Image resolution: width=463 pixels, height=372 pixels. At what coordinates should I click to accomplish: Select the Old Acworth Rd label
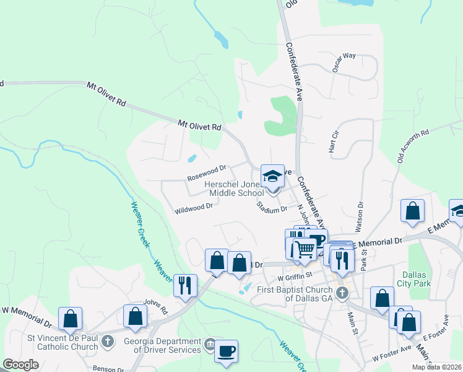(413, 148)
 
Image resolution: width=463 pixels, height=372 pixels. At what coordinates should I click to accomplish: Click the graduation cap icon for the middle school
(272, 177)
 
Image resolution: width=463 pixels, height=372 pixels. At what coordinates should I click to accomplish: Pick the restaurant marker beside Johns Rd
(185, 285)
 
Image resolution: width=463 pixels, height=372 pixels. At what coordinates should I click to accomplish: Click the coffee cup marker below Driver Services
(226, 351)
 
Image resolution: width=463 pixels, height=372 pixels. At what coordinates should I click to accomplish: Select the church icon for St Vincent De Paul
(108, 340)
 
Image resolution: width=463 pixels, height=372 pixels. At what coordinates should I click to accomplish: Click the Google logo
(20, 365)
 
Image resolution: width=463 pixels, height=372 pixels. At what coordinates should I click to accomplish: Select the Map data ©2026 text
(436, 367)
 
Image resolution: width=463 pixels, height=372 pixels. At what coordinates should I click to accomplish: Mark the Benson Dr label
(108, 368)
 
